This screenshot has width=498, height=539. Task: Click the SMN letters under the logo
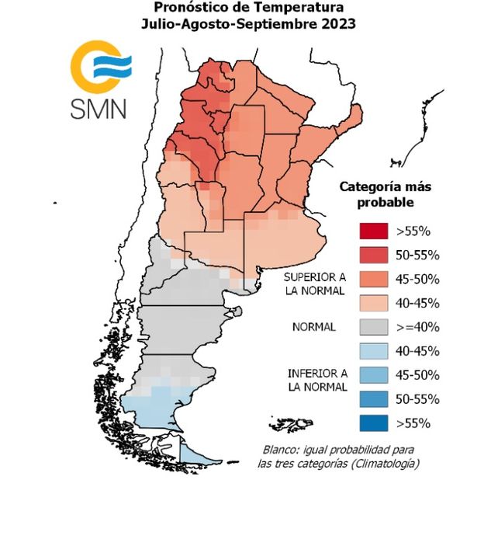pyautogui.click(x=99, y=107)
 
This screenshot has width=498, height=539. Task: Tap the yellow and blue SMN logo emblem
pyautogui.click(x=100, y=67)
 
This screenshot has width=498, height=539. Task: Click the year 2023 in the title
pyautogui.click(x=338, y=24)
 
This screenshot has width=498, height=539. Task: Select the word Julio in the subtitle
pyautogui.click(x=160, y=24)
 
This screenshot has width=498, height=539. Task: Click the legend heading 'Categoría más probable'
pyautogui.click(x=385, y=194)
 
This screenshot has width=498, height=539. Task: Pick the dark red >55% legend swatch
pyautogui.click(x=373, y=231)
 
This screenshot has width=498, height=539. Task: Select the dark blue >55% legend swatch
pyautogui.click(x=373, y=423)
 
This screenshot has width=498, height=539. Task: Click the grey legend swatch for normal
pyautogui.click(x=373, y=327)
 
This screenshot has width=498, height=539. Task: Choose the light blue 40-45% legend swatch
pyautogui.click(x=373, y=351)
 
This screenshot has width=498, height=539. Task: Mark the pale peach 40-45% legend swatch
pyautogui.click(x=373, y=303)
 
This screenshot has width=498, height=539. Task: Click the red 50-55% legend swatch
pyautogui.click(x=373, y=255)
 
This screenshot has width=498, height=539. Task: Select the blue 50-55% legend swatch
pyautogui.click(x=373, y=399)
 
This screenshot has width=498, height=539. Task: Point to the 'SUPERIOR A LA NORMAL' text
pyautogui.click(x=314, y=284)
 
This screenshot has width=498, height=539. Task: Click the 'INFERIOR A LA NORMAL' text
pyautogui.click(x=313, y=380)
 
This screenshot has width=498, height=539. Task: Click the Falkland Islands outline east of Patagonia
pyautogui.click(x=299, y=424)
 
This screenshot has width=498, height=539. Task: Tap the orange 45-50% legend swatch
pyautogui.click(x=373, y=279)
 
